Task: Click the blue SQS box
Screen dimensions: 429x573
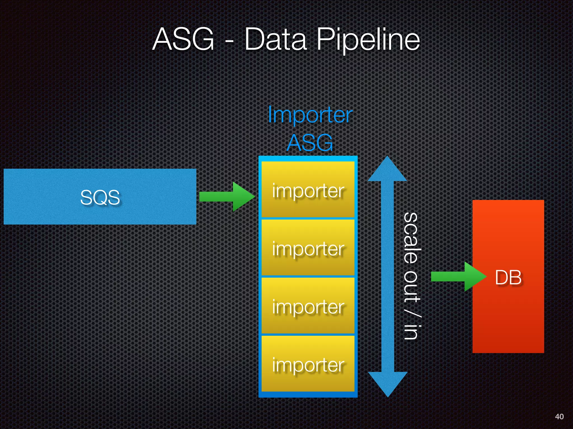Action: coord(100,196)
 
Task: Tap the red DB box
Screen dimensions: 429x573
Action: coord(508,277)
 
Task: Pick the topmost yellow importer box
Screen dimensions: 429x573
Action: coord(308,190)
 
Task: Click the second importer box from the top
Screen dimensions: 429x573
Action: coord(308,248)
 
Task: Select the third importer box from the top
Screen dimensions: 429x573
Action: coord(308,306)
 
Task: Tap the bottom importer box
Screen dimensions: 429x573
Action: coord(308,364)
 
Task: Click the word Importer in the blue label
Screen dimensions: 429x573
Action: coord(310,115)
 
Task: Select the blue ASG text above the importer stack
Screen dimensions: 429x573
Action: coord(310,143)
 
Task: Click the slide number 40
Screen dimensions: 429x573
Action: coord(559,416)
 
